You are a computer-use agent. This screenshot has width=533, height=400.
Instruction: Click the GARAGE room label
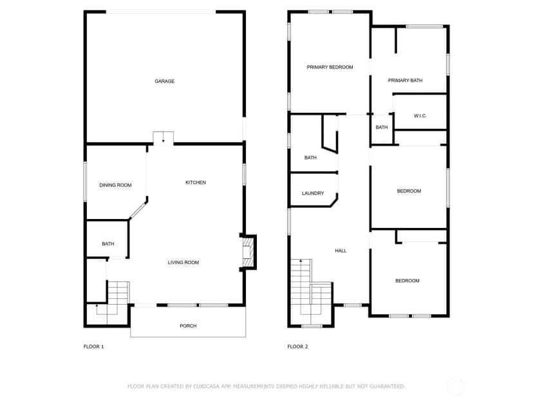click(165, 81)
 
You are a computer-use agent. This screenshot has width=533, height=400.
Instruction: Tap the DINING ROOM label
click(115, 185)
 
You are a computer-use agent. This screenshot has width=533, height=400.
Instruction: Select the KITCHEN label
click(196, 182)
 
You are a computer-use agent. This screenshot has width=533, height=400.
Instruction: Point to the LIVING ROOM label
click(183, 262)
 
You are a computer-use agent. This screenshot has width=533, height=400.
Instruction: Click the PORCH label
click(188, 326)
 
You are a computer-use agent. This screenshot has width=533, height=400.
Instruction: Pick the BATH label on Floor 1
click(108, 244)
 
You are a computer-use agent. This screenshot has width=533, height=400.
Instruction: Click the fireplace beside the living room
click(248, 252)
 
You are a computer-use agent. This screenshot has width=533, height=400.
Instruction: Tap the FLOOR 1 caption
click(93, 347)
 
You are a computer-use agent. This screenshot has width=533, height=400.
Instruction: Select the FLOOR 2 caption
click(297, 347)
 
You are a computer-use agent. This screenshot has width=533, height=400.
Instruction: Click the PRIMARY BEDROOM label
click(330, 67)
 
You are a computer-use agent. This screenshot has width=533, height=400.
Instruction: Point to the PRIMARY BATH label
click(405, 81)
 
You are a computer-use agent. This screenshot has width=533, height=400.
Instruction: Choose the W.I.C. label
click(420, 116)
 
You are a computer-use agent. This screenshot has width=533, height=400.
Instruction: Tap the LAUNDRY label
click(313, 193)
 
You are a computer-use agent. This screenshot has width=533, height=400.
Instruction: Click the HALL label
click(341, 251)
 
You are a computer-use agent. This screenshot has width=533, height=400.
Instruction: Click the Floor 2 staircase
click(311, 291)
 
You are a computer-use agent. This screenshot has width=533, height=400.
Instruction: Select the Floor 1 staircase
click(112, 303)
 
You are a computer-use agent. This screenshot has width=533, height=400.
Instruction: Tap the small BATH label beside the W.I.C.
click(381, 127)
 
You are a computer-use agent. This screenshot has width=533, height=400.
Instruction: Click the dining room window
click(85, 182)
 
